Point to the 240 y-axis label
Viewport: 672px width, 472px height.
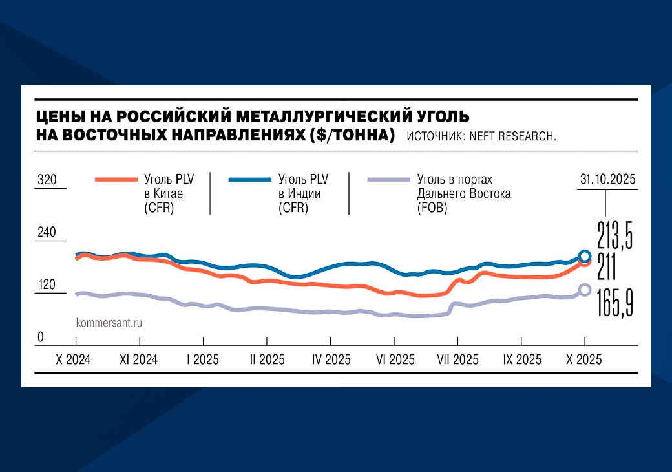click(x=47, y=232)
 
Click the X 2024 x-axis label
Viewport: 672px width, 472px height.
click(x=73, y=359)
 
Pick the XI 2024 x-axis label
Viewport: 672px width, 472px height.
click(x=138, y=359)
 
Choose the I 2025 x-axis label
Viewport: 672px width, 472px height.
click(x=203, y=359)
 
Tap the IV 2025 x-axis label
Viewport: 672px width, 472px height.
click(x=331, y=359)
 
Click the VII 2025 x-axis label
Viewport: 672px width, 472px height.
click(x=457, y=359)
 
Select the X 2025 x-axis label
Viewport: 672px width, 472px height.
click(x=584, y=359)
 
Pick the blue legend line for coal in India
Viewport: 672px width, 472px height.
click(x=250, y=179)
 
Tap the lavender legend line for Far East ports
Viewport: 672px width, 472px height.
click(x=389, y=179)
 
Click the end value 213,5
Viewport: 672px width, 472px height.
click(x=614, y=233)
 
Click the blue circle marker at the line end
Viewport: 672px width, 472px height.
click(x=585, y=255)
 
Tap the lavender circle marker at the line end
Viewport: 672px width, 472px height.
click(x=585, y=290)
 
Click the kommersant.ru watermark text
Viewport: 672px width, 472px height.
click(x=109, y=321)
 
